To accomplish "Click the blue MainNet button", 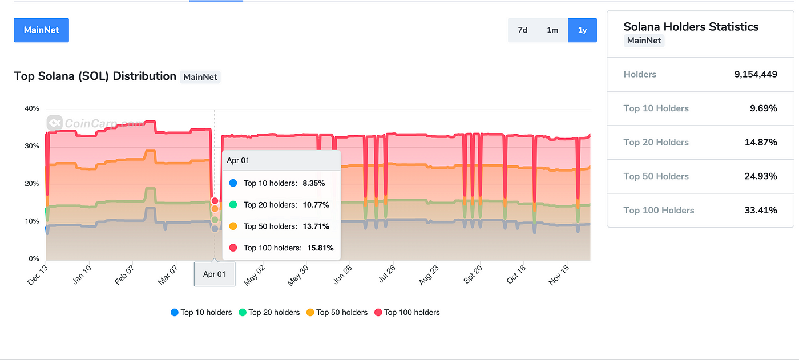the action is coord(41,30).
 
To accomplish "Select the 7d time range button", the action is coord(523,30).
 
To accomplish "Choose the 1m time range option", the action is coord(552,30).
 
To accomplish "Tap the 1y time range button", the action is coord(582,30).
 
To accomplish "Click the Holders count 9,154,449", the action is coord(756,74).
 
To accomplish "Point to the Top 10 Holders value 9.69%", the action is coord(764,108).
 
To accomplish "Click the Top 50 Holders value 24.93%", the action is coord(761,176).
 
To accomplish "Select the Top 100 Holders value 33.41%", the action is coord(761,211).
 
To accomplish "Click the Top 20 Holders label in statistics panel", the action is coord(656,142).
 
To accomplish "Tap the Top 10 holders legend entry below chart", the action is coord(201,312).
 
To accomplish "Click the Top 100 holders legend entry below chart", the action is coord(407,312).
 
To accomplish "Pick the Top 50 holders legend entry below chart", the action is coord(337,312).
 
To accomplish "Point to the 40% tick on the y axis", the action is coord(32,108).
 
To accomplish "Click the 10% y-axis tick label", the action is coord(32,221).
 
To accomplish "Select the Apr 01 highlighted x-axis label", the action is coord(215,274).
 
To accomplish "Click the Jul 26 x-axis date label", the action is coord(387,274).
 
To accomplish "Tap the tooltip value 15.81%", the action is coord(320,248).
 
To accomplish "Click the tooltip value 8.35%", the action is coord(314,183).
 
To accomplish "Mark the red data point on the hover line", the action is coord(215,201).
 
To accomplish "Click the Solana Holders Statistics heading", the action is coord(691,27).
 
